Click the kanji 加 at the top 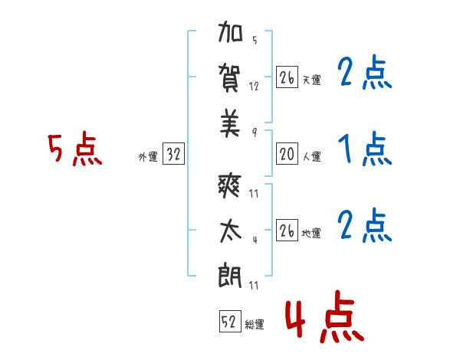click(x=230, y=36)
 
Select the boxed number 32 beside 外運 click(x=173, y=155)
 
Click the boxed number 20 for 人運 click(x=287, y=155)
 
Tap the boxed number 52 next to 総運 click(x=229, y=322)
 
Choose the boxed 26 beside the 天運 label click(x=287, y=78)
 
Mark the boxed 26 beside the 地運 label click(x=287, y=231)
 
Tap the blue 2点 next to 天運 click(x=364, y=74)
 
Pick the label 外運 click(x=148, y=157)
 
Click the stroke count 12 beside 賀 click(x=255, y=87)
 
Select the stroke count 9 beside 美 click(x=255, y=131)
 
